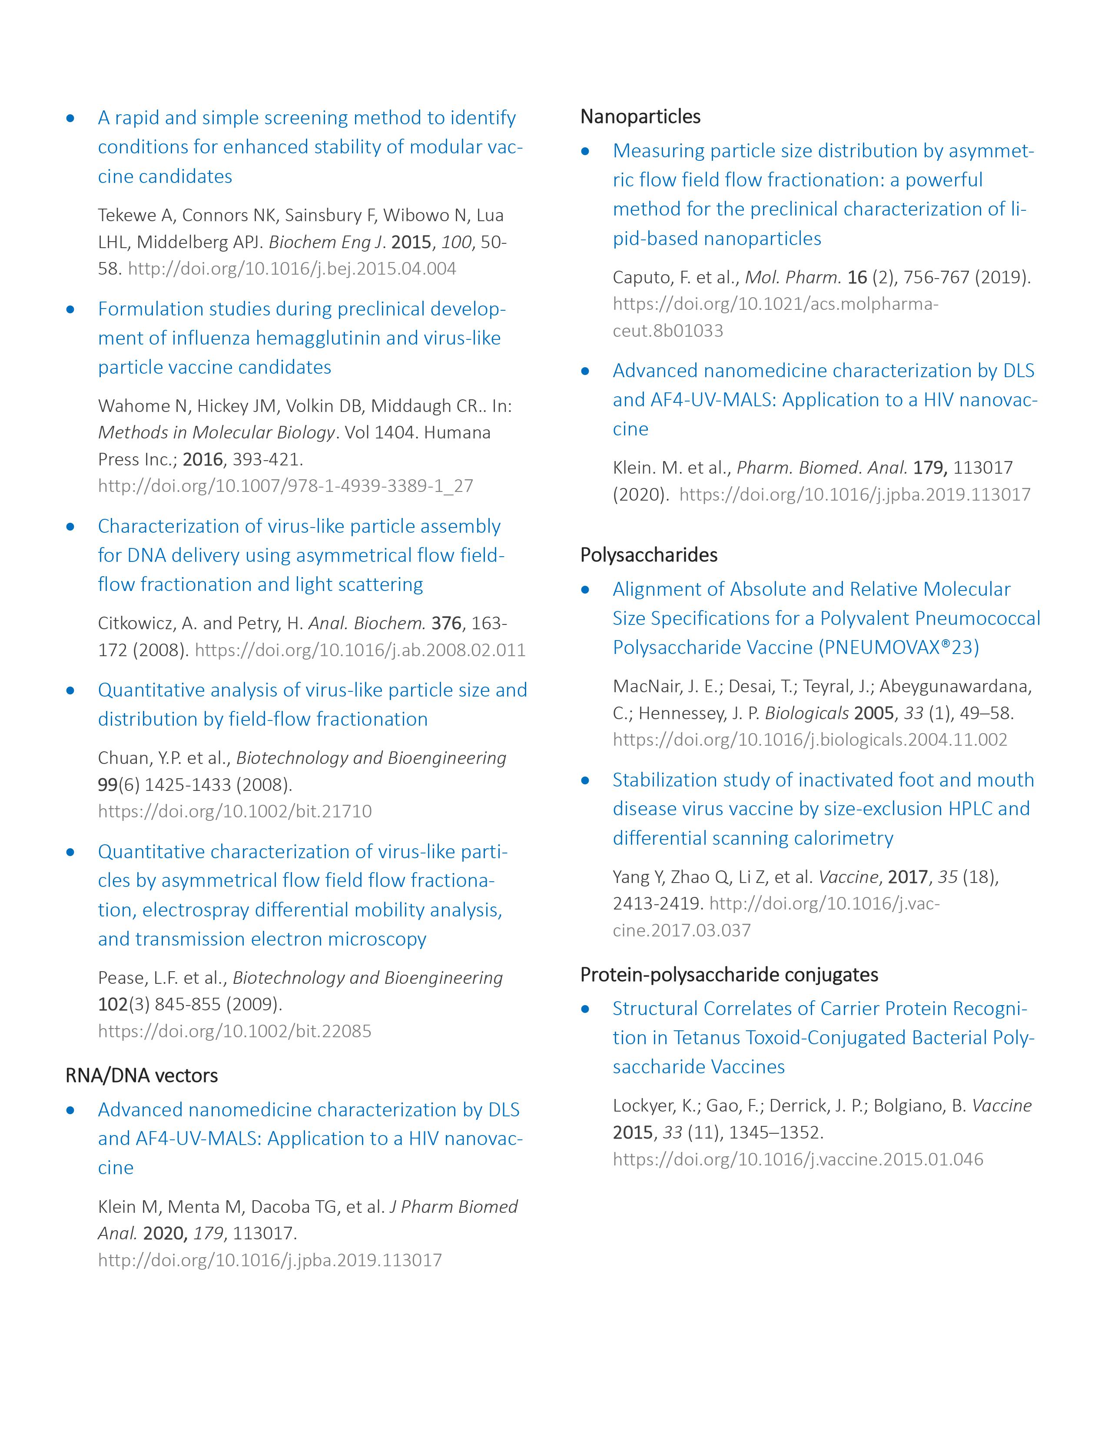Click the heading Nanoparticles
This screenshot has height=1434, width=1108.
pyautogui.click(x=640, y=117)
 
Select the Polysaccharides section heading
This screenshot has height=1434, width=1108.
pyautogui.click(x=649, y=555)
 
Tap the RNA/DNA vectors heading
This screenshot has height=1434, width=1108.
pyautogui.click(x=141, y=1075)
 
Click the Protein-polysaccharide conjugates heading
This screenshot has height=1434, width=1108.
pyautogui.click(x=729, y=974)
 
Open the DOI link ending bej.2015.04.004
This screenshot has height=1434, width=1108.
pyautogui.click(x=292, y=269)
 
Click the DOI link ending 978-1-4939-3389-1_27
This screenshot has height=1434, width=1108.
pyautogui.click(x=285, y=486)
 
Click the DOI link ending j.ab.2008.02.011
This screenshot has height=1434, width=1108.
pyautogui.click(x=360, y=650)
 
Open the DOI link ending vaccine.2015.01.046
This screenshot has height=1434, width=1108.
pyautogui.click(x=797, y=1159)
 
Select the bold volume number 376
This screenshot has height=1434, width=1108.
pyautogui.click(x=446, y=623)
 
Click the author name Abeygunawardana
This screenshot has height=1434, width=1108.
pyautogui.click(x=955, y=686)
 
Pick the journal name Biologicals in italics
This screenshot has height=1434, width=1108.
pyautogui.click(x=807, y=713)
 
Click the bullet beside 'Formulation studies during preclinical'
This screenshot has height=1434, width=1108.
pyautogui.click(x=71, y=309)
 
